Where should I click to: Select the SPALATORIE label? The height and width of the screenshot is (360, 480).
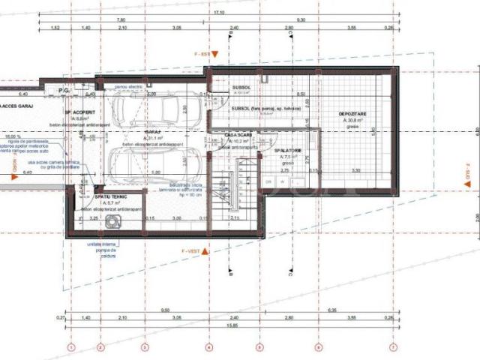[x=288, y=150]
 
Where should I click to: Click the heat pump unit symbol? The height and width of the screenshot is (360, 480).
[x=113, y=221]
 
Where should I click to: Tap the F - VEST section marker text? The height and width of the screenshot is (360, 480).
[x=193, y=250]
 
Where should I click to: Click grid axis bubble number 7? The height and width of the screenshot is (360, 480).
[x=392, y=347]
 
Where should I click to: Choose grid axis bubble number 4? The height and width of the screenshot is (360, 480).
[x=209, y=347]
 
